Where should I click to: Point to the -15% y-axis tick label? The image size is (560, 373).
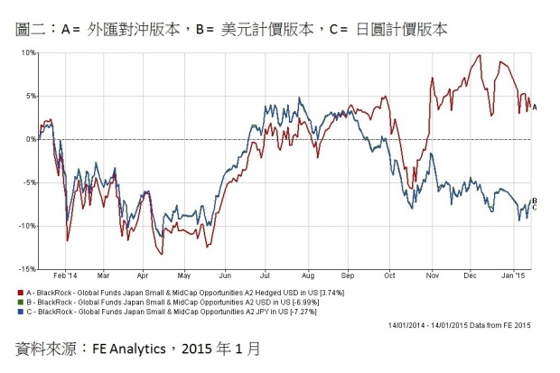(x=25, y=269)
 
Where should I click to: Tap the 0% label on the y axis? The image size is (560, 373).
(x=29, y=139)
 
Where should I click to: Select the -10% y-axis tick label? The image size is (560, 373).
(x=25, y=226)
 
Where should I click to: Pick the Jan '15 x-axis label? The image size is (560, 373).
(x=511, y=275)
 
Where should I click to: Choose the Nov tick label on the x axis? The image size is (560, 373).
(x=431, y=275)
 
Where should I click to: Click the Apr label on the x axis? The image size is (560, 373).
(x=144, y=275)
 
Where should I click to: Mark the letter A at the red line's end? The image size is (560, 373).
(x=535, y=107)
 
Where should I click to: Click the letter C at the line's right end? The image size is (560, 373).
(x=535, y=208)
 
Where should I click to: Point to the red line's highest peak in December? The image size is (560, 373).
(x=477, y=56)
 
